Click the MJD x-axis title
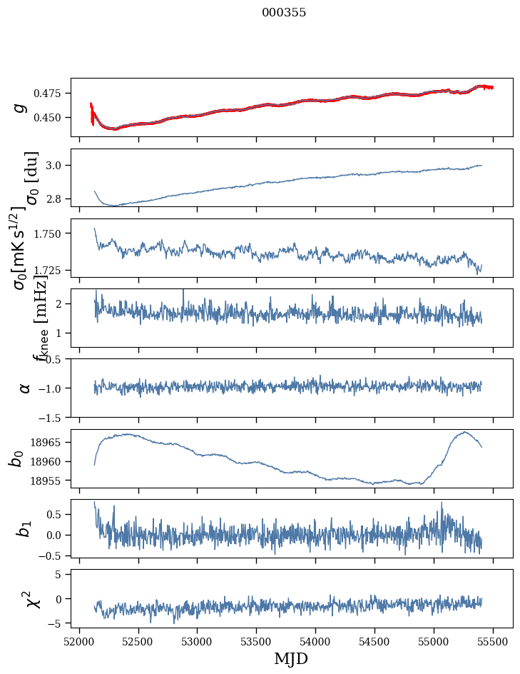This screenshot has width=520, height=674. (x=291, y=658)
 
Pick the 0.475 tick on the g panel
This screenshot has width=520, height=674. (x=51, y=94)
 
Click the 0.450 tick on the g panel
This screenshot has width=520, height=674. (x=51, y=117)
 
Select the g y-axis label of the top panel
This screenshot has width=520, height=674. (x=21, y=107)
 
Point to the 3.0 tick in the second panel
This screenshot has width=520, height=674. (x=56, y=166)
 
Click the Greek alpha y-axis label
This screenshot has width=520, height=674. (x=24, y=388)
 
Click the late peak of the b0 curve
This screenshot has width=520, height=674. (x=464, y=432)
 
